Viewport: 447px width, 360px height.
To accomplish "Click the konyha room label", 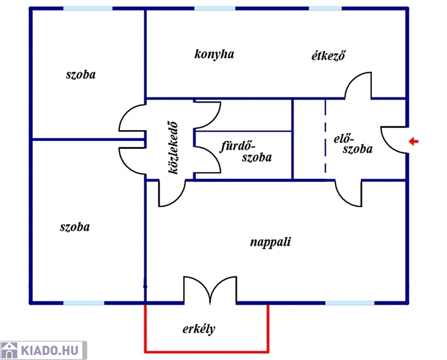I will pyautogui.click(x=214, y=54).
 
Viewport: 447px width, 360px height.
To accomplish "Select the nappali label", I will pyautogui.click(x=270, y=242).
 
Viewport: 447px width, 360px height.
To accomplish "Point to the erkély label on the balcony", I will pyautogui.click(x=199, y=329).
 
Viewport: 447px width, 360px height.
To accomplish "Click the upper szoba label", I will pyautogui.click(x=81, y=75).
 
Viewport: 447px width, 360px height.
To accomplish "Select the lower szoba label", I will pyautogui.click(x=75, y=227).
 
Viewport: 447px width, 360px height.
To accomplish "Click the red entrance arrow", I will pyautogui.click(x=413, y=141).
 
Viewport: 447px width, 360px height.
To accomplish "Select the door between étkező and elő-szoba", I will pyautogui.click(x=359, y=85).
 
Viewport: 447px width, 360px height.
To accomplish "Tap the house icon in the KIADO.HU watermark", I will pyautogui.click(x=9, y=351).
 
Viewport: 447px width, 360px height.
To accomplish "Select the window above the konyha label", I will pyautogui.click(x=214, y=8).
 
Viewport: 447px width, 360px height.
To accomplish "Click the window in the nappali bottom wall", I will pyautogui.click(x=350, y=303).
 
